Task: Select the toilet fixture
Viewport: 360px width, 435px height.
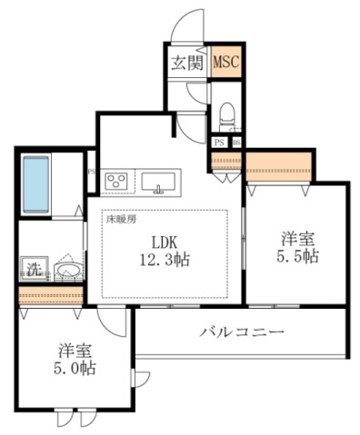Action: pos(227,116)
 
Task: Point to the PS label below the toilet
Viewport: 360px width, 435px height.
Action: pos(219,142)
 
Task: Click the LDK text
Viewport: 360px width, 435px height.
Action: pos(166,242)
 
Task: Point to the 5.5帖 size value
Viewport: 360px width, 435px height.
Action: pos(297,257)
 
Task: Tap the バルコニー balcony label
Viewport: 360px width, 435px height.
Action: pos(243,333)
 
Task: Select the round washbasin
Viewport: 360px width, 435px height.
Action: pos(66,272)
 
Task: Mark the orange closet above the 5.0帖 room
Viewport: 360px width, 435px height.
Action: pos(51,296)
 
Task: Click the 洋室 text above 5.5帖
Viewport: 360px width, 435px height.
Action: pos(297,240)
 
